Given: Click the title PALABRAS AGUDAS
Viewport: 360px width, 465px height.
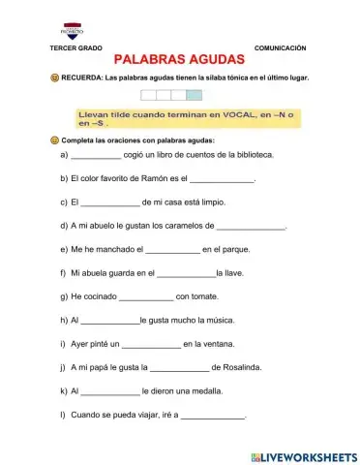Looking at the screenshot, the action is point(180,61).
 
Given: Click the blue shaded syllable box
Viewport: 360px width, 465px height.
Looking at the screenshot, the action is point(195,95).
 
